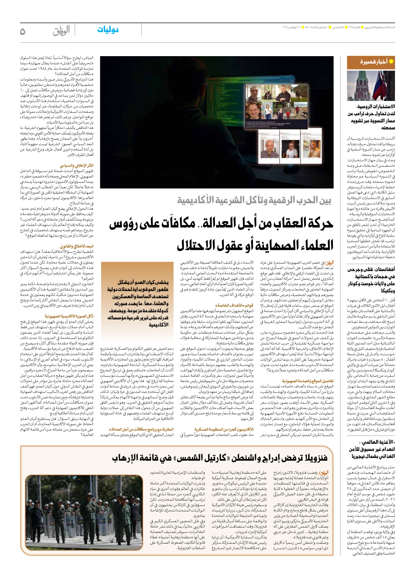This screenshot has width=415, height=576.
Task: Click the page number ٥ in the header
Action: pyautogui.click(x=23, y=31)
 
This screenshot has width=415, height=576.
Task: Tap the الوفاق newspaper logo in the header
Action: pyautogui.click(x=61, y=31)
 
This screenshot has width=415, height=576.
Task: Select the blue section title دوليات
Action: pyautogui.click(x=108, y=30)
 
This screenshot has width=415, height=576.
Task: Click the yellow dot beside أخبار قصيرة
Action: pyautogui.click(x=391, y=61)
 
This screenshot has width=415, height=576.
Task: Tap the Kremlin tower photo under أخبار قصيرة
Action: pyautogui.click(x=371, y=85)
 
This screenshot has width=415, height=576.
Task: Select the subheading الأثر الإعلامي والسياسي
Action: pyautogui.click(x=77, y=165)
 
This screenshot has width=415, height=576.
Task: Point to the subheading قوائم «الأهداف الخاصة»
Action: pyautogui.click(x=234, y=305)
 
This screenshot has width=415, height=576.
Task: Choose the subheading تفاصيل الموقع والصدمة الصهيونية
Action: pyautogui.click(x=308, y=381)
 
